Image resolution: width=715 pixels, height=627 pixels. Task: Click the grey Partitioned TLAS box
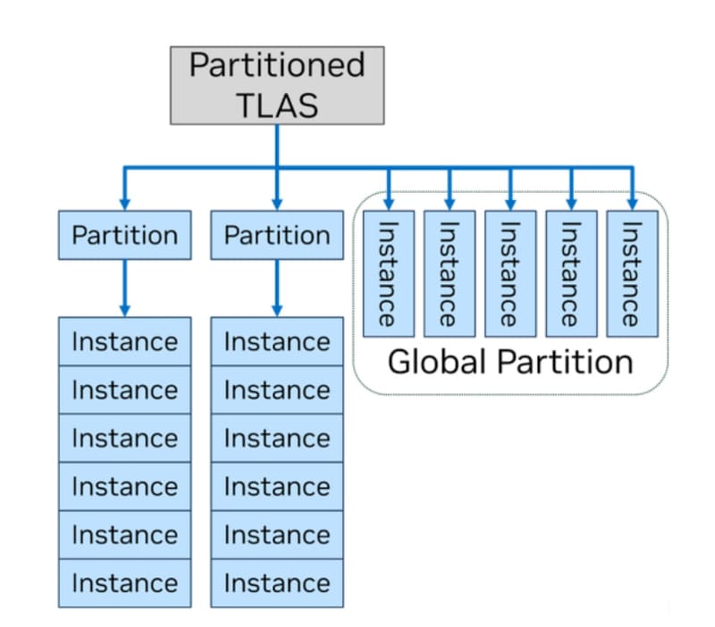point(277,85)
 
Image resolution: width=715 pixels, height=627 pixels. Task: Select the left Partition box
point(124,235)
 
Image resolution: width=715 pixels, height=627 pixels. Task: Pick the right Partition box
point(276,235)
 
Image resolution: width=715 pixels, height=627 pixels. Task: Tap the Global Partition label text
point(509,363)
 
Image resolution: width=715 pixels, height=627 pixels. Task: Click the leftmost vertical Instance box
point(388,273)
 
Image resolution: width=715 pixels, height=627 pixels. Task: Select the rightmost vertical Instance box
point(632,273)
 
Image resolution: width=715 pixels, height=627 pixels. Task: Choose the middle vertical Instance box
point(510,273)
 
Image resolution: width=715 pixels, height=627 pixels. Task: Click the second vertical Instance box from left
point(449,273)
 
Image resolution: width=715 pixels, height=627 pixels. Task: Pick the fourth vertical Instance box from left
point(571,273)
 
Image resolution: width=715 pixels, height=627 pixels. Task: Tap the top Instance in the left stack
point(124,341)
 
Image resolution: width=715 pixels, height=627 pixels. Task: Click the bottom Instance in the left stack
point(124,583)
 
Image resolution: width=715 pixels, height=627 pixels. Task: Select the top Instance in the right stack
point(276,341)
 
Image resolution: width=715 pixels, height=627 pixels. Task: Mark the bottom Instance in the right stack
point(276,583)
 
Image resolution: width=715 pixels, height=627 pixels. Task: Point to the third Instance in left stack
point(124,438)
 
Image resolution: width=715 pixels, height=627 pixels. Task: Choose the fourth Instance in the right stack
point(276,486)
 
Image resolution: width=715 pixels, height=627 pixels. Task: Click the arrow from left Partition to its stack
point(124,286)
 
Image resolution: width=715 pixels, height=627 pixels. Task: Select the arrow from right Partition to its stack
point(276,286)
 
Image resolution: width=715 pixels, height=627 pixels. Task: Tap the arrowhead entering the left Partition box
point(124,203)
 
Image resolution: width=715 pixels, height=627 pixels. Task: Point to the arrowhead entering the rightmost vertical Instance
point(632,203)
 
